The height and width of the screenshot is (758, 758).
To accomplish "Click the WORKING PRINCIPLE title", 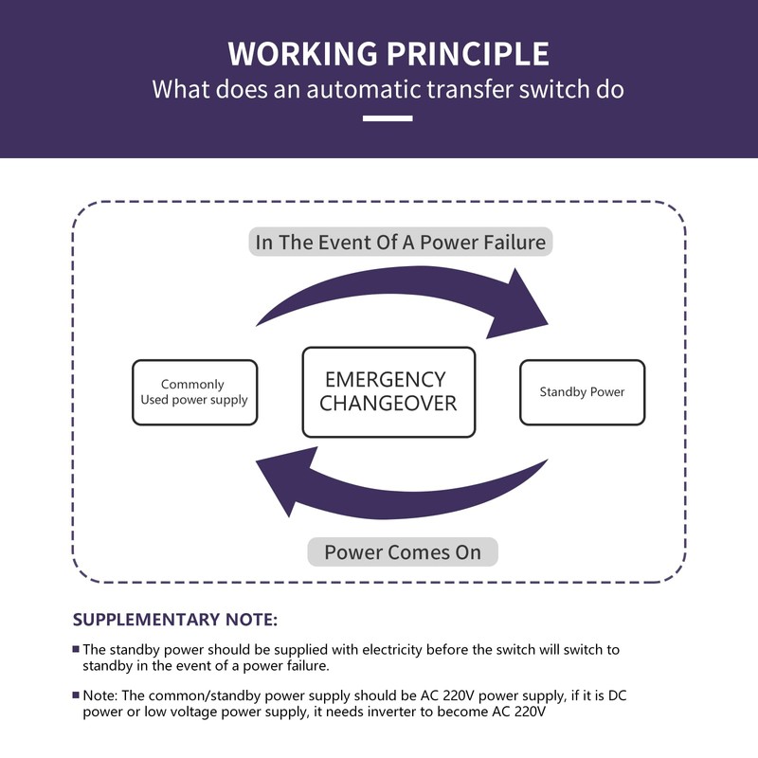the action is click(x=388, y=53).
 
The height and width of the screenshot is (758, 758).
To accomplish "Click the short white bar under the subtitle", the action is click(x=388, y=117).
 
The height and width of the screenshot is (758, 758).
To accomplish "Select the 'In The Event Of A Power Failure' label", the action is click(x=400, y=242).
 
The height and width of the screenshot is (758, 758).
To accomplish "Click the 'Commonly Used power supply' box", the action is click(x=195, y=392).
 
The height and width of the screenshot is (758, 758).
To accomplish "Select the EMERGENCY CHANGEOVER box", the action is click(x=388, y=391).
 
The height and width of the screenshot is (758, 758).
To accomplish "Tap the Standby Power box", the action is click(x=582, y=392).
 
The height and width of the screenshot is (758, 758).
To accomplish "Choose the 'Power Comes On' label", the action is click(x=403, y=552).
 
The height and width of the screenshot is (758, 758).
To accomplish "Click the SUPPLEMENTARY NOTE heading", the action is click(x=175, y=620).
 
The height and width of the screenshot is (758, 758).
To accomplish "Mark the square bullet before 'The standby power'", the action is click(x=76, y=649).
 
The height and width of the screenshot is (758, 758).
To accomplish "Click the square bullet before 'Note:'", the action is click(x=76, y=695).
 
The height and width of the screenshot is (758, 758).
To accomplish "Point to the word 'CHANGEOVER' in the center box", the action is click(x=388, y=404).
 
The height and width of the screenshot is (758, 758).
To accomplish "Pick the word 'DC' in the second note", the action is click(x=618, y=695).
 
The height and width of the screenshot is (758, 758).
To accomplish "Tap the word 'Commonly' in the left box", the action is click(x=192, y=385).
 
